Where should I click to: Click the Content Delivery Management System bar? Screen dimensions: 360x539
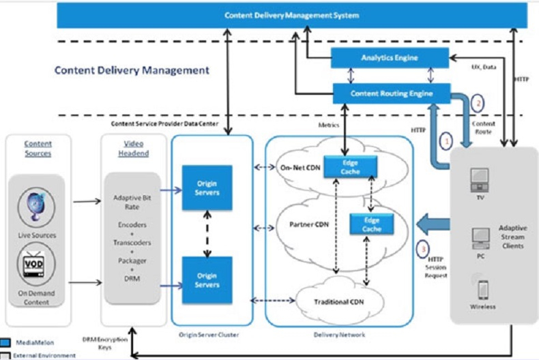tap(291, 14)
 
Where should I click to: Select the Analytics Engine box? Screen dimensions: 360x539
tap(390, 58)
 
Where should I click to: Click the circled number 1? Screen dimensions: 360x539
tap(447, 141)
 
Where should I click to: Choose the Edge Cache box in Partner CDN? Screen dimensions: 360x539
tap(370, 224)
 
